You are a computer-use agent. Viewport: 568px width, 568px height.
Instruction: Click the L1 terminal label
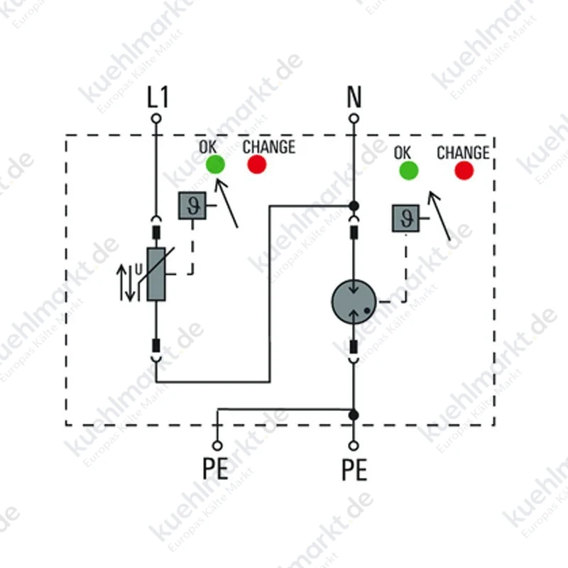(x=158, y=97)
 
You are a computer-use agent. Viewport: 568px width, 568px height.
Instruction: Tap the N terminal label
(x=354, y=97)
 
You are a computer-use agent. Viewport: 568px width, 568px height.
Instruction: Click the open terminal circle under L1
(x=156, y=119)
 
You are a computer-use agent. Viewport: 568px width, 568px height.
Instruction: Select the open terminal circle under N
(x=354, y=119)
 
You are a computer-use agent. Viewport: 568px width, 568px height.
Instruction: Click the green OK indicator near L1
(x=215, y=164)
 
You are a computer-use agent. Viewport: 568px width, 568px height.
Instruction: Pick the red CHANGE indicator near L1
(x=257, y=164)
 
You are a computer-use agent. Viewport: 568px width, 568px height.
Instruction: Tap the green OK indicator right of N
(x=409, y=170)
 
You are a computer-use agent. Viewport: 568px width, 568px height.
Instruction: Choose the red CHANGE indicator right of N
(x=464, y=170)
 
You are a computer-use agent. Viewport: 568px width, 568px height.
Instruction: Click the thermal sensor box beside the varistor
(x=192, y=206)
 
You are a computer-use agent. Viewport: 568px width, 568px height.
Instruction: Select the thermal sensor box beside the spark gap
(x=405, y=218)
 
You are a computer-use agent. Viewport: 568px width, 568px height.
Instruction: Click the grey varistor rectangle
(x=156, y=274)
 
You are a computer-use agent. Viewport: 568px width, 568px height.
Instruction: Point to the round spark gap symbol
(x=354, y=301)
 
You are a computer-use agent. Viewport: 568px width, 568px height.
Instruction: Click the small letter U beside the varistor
(x=138, y=270)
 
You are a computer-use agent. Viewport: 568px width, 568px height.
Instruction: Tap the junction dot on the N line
(x=354, y=206)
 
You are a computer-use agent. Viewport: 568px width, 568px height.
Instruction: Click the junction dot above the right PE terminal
(x=354, y=415)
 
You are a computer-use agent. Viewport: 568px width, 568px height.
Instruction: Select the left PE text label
(x=215, y=469)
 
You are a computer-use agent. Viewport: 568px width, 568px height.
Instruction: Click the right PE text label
(x=354, y=469)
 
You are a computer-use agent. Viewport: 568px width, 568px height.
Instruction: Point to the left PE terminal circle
(x=217, y=446)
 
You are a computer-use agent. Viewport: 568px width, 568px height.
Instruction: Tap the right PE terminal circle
(x=354, y=446)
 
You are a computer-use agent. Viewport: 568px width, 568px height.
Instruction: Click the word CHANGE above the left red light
(x=269, y=147)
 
